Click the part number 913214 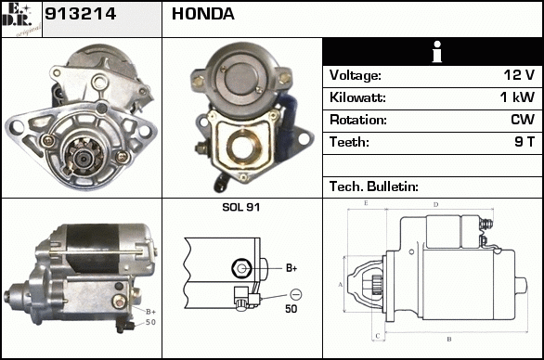[80, 14]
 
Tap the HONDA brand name [203, 14]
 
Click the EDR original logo [21, 19]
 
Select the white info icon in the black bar [437, 52]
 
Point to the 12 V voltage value [519, 75]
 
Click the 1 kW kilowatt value [517, 97]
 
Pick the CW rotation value [523, 120]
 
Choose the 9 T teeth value [525, 142]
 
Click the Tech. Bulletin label [374, 186]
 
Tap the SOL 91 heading [240, 207]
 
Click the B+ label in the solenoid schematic [291, 268]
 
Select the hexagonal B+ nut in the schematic [241, 268]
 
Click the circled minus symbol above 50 [295, 294]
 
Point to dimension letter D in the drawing [436, 205]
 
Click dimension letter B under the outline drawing [449, 340]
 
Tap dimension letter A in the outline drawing [340, 285]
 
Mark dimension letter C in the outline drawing [378, 336]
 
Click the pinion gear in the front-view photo [84, 158]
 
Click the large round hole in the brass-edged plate [241, 147]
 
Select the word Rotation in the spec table [357, 120]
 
